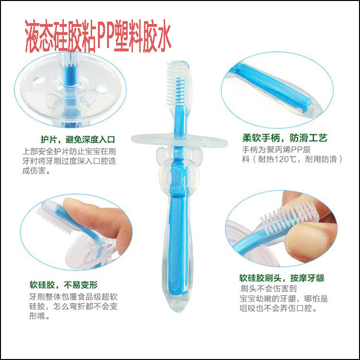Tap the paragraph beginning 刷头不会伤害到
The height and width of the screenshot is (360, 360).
click(x=284, y=299)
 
